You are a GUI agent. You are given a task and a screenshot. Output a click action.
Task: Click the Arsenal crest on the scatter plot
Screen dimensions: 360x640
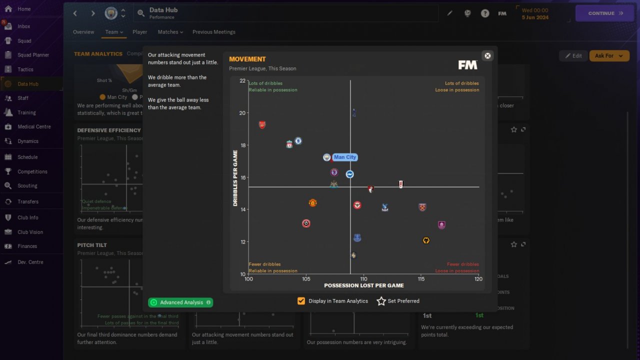tap(262, 124)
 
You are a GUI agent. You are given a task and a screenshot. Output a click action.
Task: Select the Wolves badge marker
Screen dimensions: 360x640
tap(426, 240)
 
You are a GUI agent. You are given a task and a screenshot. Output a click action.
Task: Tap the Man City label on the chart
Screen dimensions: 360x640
tap(344, 157)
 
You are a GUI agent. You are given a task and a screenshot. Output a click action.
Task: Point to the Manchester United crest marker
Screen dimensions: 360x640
tap(312, 203)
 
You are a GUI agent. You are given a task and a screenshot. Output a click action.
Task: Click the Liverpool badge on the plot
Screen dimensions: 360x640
tap(289, 144)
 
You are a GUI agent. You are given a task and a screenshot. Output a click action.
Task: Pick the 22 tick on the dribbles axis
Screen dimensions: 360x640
tap(242, 81)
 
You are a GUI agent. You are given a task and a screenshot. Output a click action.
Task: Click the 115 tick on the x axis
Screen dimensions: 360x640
tap(421, 279)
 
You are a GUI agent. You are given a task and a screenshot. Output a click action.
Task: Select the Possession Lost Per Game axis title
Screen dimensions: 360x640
tap(363, 285)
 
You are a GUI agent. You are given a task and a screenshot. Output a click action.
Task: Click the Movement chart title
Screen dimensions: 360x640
tap(247, 59)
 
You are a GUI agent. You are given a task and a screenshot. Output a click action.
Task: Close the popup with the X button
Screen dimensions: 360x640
tap(487, 56)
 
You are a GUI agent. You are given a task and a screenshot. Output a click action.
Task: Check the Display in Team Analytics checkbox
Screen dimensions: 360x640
tap(301, 301)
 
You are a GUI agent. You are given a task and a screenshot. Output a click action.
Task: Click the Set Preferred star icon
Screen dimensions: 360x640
tap(381, 301)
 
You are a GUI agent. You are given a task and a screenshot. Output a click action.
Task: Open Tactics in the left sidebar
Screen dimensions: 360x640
tap(25, 69)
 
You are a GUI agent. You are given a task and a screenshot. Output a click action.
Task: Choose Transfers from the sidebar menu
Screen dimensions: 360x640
tap(27, 201)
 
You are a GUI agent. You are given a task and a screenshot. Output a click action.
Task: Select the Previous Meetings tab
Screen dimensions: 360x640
tap(213, 32)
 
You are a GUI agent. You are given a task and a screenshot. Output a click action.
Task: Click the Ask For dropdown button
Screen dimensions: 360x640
tap(609, 56)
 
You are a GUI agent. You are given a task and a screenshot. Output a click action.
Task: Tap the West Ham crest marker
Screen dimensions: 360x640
tap(422, 207)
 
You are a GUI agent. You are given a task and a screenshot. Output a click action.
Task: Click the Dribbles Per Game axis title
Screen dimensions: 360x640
tap(235, 178)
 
